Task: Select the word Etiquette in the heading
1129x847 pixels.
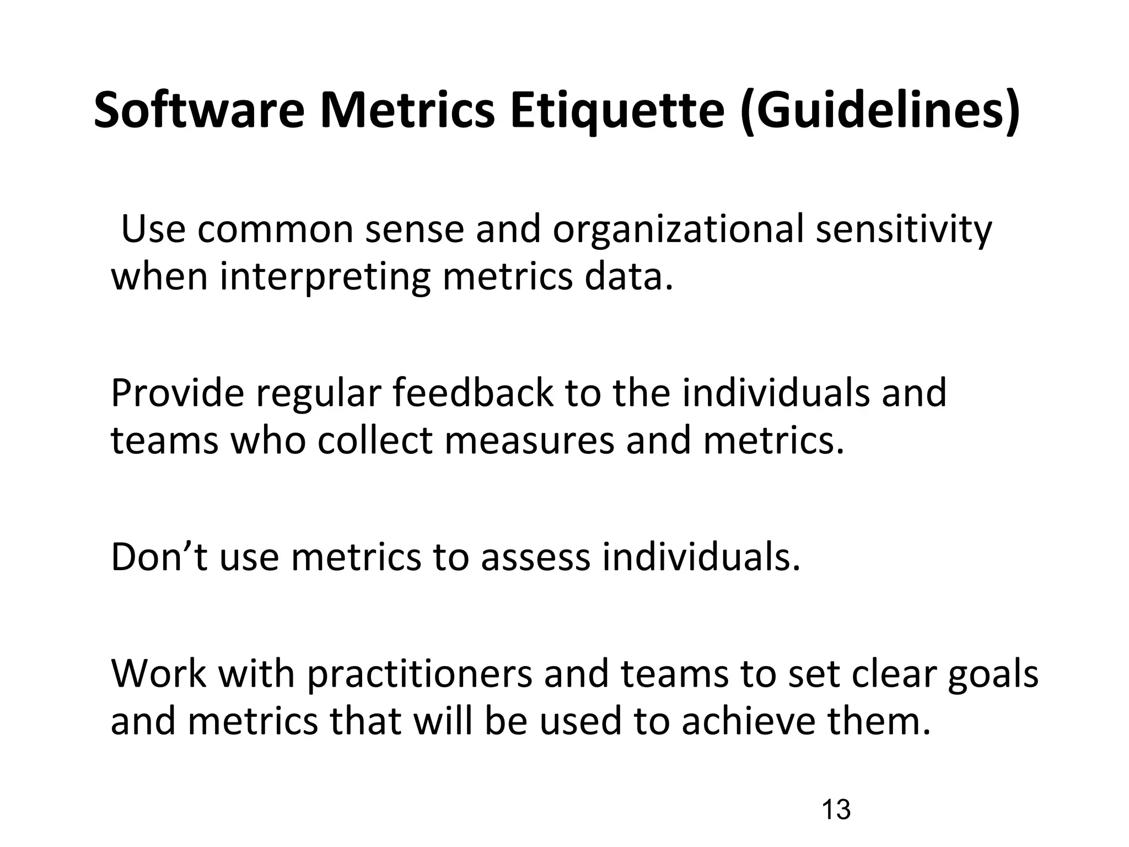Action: click(617, 110)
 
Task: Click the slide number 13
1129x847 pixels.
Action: click(836, 810)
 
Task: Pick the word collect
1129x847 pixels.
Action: click(375, 441)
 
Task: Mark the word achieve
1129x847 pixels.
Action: click(748, 721)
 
